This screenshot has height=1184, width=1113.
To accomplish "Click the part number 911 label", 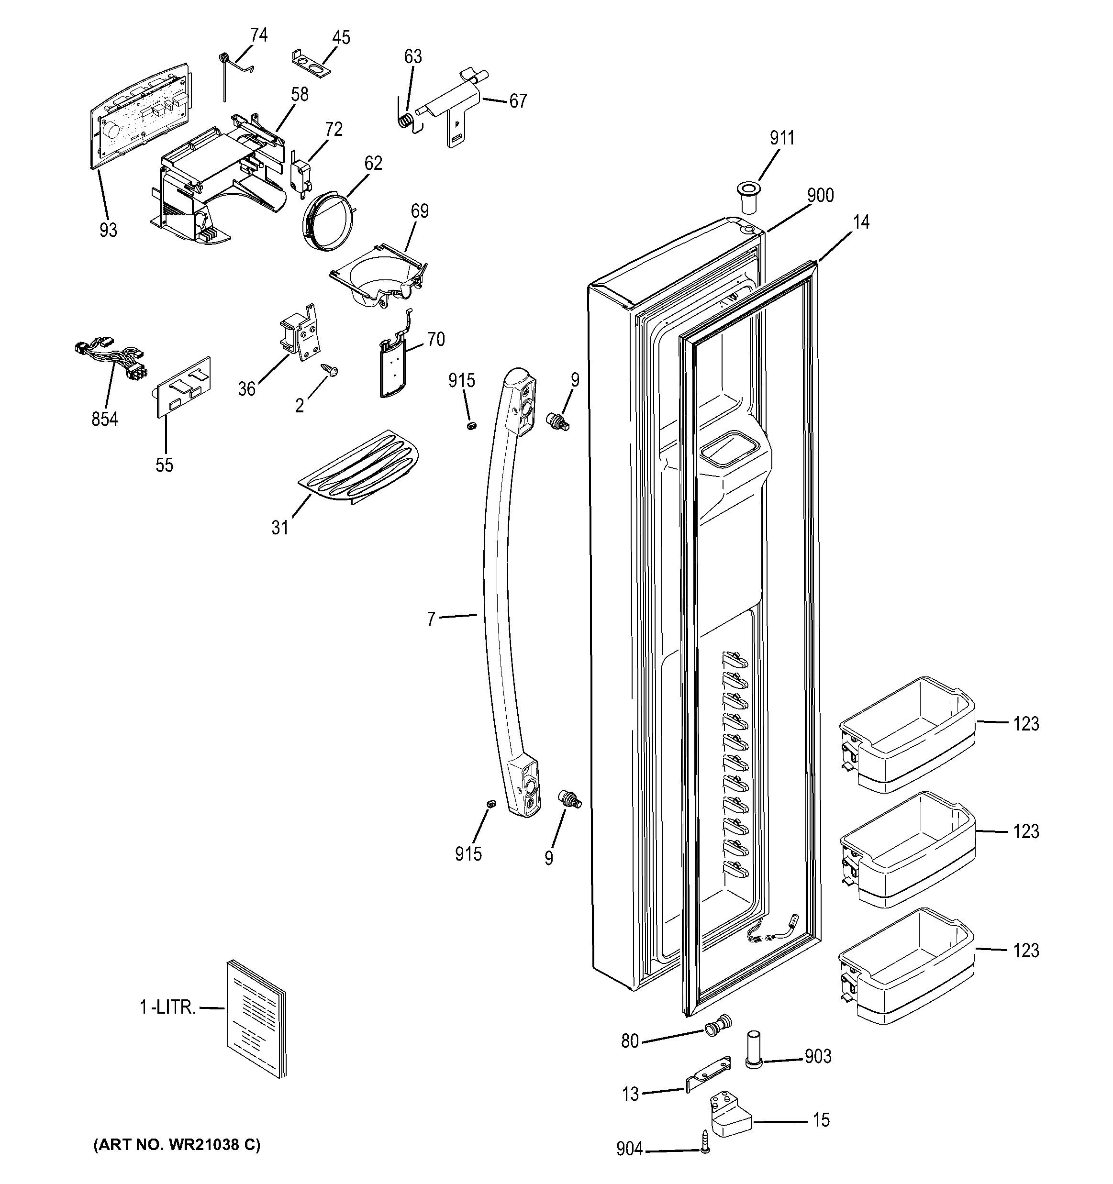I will pos(782,138).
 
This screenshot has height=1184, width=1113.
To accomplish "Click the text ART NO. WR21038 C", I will pos(177,1145).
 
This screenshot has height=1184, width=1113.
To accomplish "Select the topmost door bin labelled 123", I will pos(906,734).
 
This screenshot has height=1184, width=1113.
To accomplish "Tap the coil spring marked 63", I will pos(406,119).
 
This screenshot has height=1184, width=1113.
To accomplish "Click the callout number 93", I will pos(108,230).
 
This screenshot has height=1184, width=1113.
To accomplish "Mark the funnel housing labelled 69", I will pos(379,277).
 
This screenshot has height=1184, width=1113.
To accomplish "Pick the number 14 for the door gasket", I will pos(861,222).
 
